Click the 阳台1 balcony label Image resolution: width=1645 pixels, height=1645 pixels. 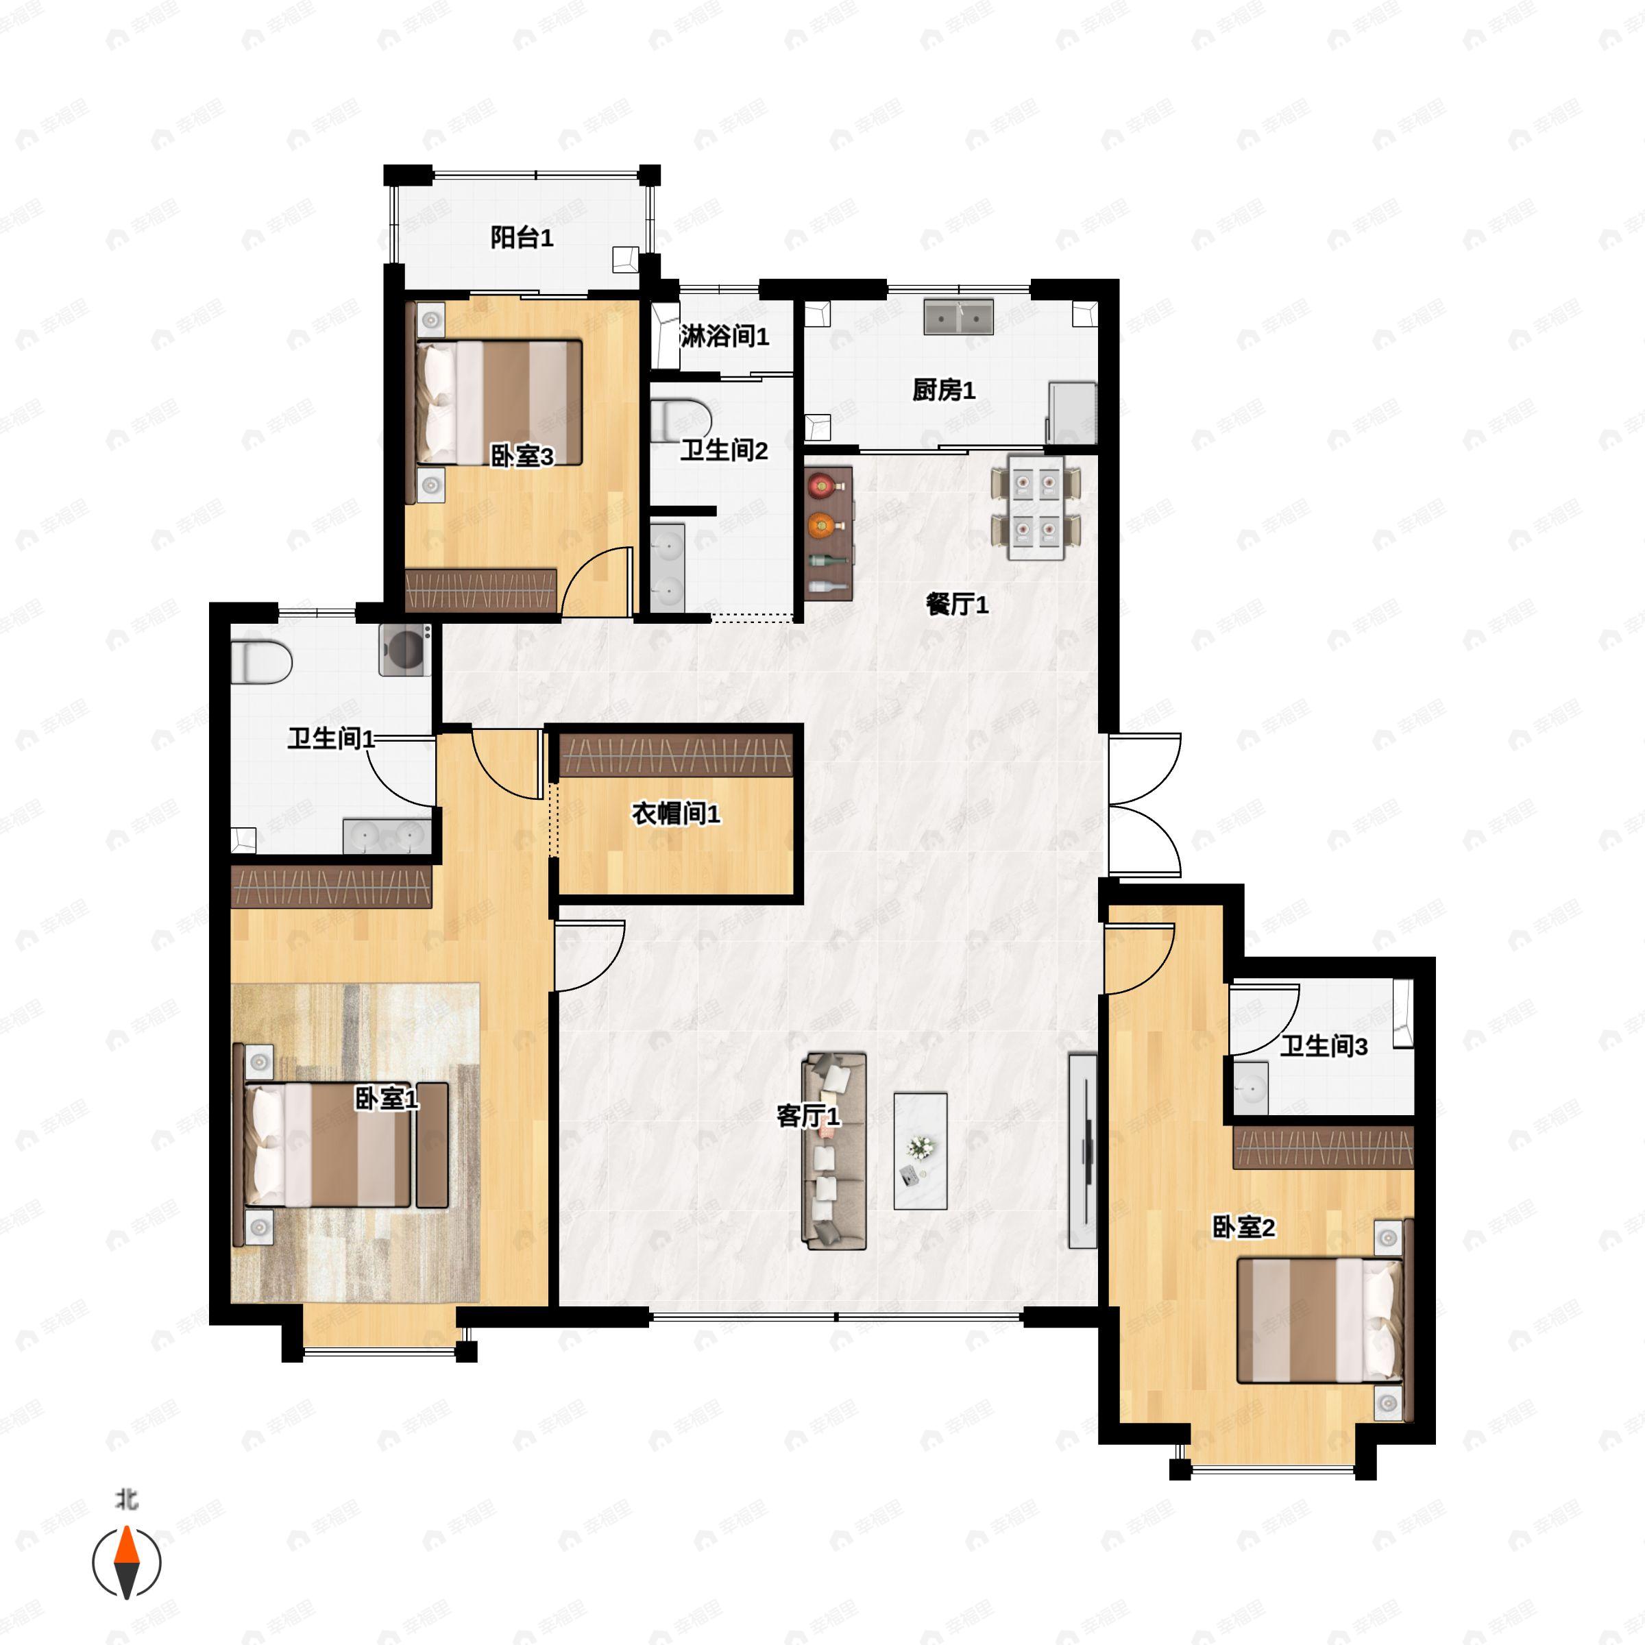click(x=521, y=238)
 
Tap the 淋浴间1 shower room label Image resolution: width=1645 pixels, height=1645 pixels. click(x=724, y=337)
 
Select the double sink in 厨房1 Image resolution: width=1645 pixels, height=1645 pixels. click(x=959, y=316)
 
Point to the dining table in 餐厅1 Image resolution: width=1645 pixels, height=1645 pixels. click(x=1036, y=507)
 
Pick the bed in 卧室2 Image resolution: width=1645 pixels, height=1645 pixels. click(x=1318, y=1321)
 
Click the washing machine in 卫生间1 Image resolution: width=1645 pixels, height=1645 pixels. click(x=404, y=650)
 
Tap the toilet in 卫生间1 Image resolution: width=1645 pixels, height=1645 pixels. click(x=260, y=661)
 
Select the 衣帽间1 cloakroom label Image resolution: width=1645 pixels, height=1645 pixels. click(x=675, y=814)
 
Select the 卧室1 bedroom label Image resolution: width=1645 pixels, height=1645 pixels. click(x=386, y=1099)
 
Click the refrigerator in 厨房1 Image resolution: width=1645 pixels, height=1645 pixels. click(x=1071, y=413)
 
